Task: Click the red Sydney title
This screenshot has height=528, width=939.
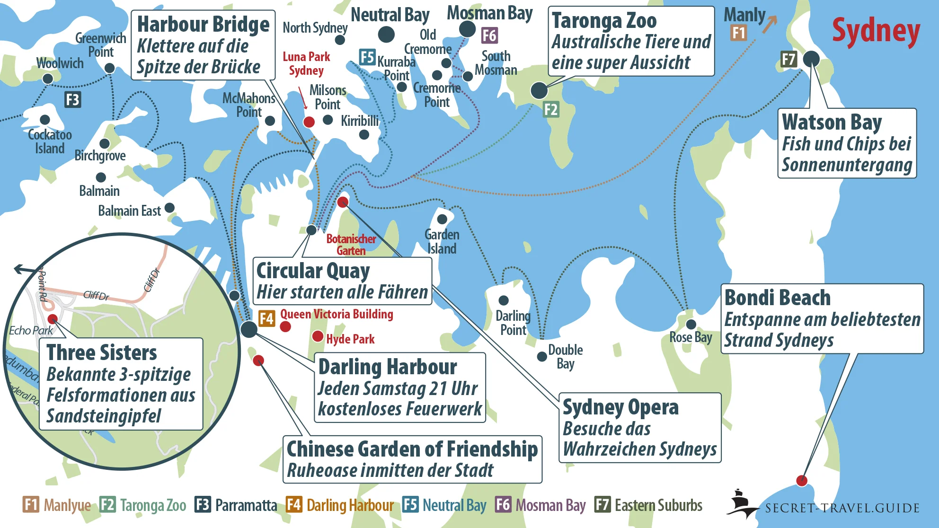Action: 876,31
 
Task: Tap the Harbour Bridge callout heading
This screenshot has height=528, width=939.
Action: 203,25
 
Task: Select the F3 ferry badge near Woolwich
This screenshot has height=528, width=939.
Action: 72,100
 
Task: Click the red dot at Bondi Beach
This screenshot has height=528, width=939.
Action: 801,481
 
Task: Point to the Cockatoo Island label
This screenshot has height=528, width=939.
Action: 50,141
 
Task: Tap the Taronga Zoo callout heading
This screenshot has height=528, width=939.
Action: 604,21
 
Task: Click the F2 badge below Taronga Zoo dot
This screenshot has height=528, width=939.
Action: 551,110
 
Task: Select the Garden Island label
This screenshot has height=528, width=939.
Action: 442,241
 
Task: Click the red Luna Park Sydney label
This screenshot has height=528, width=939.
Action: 306,63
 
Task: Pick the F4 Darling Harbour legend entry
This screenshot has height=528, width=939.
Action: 340,505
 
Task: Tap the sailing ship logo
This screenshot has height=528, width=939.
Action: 740,503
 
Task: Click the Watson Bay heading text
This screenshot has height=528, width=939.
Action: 832,122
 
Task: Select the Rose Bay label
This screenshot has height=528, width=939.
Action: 691,337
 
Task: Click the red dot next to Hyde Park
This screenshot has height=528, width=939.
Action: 318,337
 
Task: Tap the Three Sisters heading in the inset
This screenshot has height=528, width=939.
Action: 101,353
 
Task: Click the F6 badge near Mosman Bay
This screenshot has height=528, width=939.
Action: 489,35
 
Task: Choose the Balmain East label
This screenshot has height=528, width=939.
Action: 129,211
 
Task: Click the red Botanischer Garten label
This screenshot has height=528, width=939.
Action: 351,245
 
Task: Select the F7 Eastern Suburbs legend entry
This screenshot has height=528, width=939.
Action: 648,505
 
